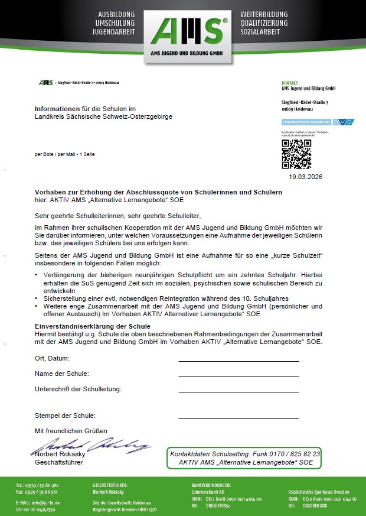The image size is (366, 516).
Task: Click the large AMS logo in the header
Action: click(183, 30)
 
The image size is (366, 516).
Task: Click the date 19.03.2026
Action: click(306, 176)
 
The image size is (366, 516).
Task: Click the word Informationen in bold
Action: click(57, 109)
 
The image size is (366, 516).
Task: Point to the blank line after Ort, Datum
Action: click(238, 360)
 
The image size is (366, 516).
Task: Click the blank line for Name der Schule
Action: click(238, 375)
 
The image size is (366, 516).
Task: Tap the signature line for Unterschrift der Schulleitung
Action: click(238, 391)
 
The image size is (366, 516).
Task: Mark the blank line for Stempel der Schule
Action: click(238, 417)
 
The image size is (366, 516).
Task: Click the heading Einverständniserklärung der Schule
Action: click(91, 326)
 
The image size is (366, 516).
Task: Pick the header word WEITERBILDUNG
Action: click(263, 14)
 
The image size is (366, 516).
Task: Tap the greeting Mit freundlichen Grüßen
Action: click(71, 431)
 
